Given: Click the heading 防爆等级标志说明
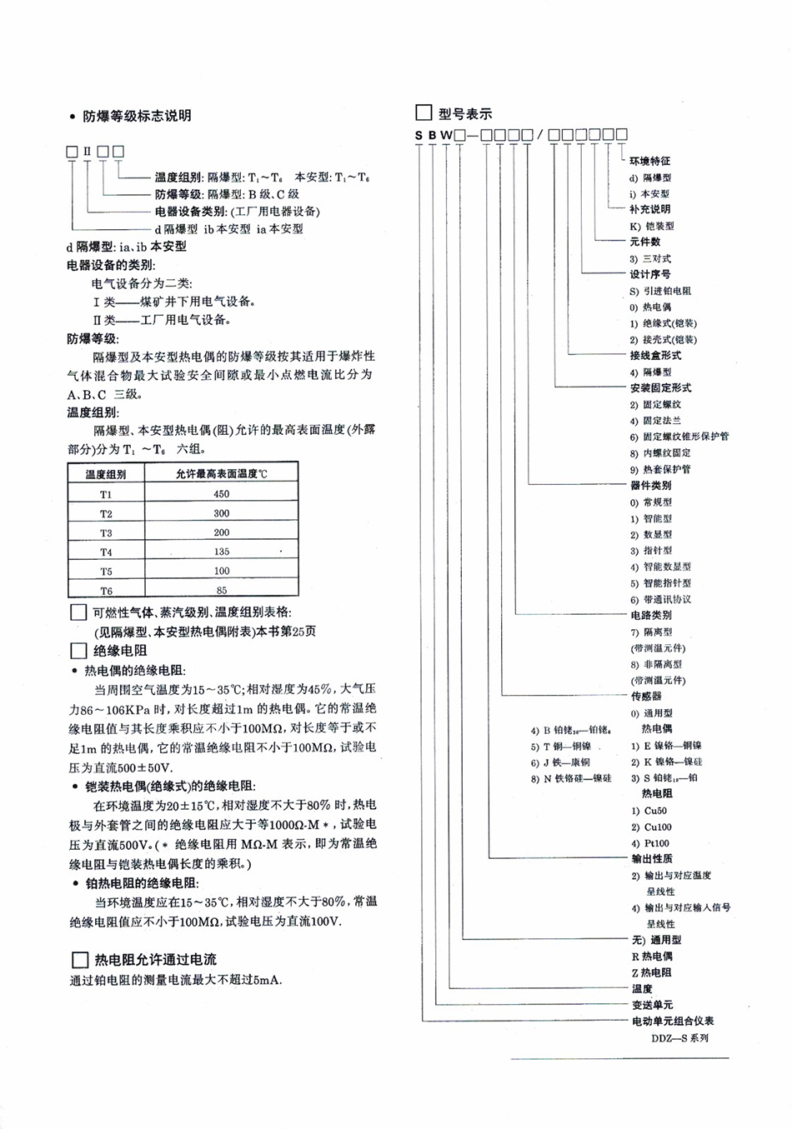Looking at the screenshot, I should (x=136, y=116).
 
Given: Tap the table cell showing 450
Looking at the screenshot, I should (x=221, y=493).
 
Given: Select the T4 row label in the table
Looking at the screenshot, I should (x=106, y=552).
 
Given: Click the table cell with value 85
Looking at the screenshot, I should (x=221, y=591).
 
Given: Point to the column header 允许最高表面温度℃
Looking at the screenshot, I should (x=221, y=473).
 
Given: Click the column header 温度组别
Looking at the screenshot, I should (x=106, y=473).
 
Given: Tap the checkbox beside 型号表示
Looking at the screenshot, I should (x=424, y=112).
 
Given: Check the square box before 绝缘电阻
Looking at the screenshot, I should (x=78, y=651).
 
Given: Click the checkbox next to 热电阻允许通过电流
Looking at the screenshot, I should (x=80, y=959).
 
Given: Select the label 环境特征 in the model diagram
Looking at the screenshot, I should (x=649, y=161).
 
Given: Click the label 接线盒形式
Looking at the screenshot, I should (x=655, y=355).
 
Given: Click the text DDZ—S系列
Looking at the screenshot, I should (x=680, y=1038).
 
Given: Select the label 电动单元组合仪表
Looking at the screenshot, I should (x=672, y=1021).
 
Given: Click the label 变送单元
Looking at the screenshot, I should (x=652, y=1005).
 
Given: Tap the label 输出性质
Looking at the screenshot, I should (x=652, y=859).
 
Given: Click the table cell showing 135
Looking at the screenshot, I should (x=221, y=552).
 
